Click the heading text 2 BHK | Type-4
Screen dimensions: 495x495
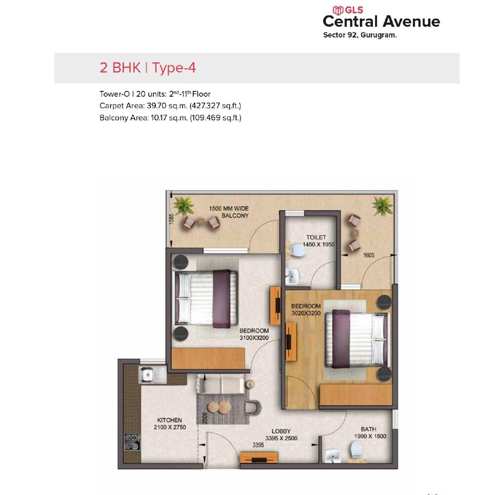148,68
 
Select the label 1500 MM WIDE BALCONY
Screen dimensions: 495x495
228,212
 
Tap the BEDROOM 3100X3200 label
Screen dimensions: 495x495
254,334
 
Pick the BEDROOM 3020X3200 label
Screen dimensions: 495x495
306,309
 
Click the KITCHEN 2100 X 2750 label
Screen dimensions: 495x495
170,423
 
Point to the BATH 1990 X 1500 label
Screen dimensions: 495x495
370,433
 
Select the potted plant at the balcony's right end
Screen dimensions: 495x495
382,203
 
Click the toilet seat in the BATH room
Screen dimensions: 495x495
356,449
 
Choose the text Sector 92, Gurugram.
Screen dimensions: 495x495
360,35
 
